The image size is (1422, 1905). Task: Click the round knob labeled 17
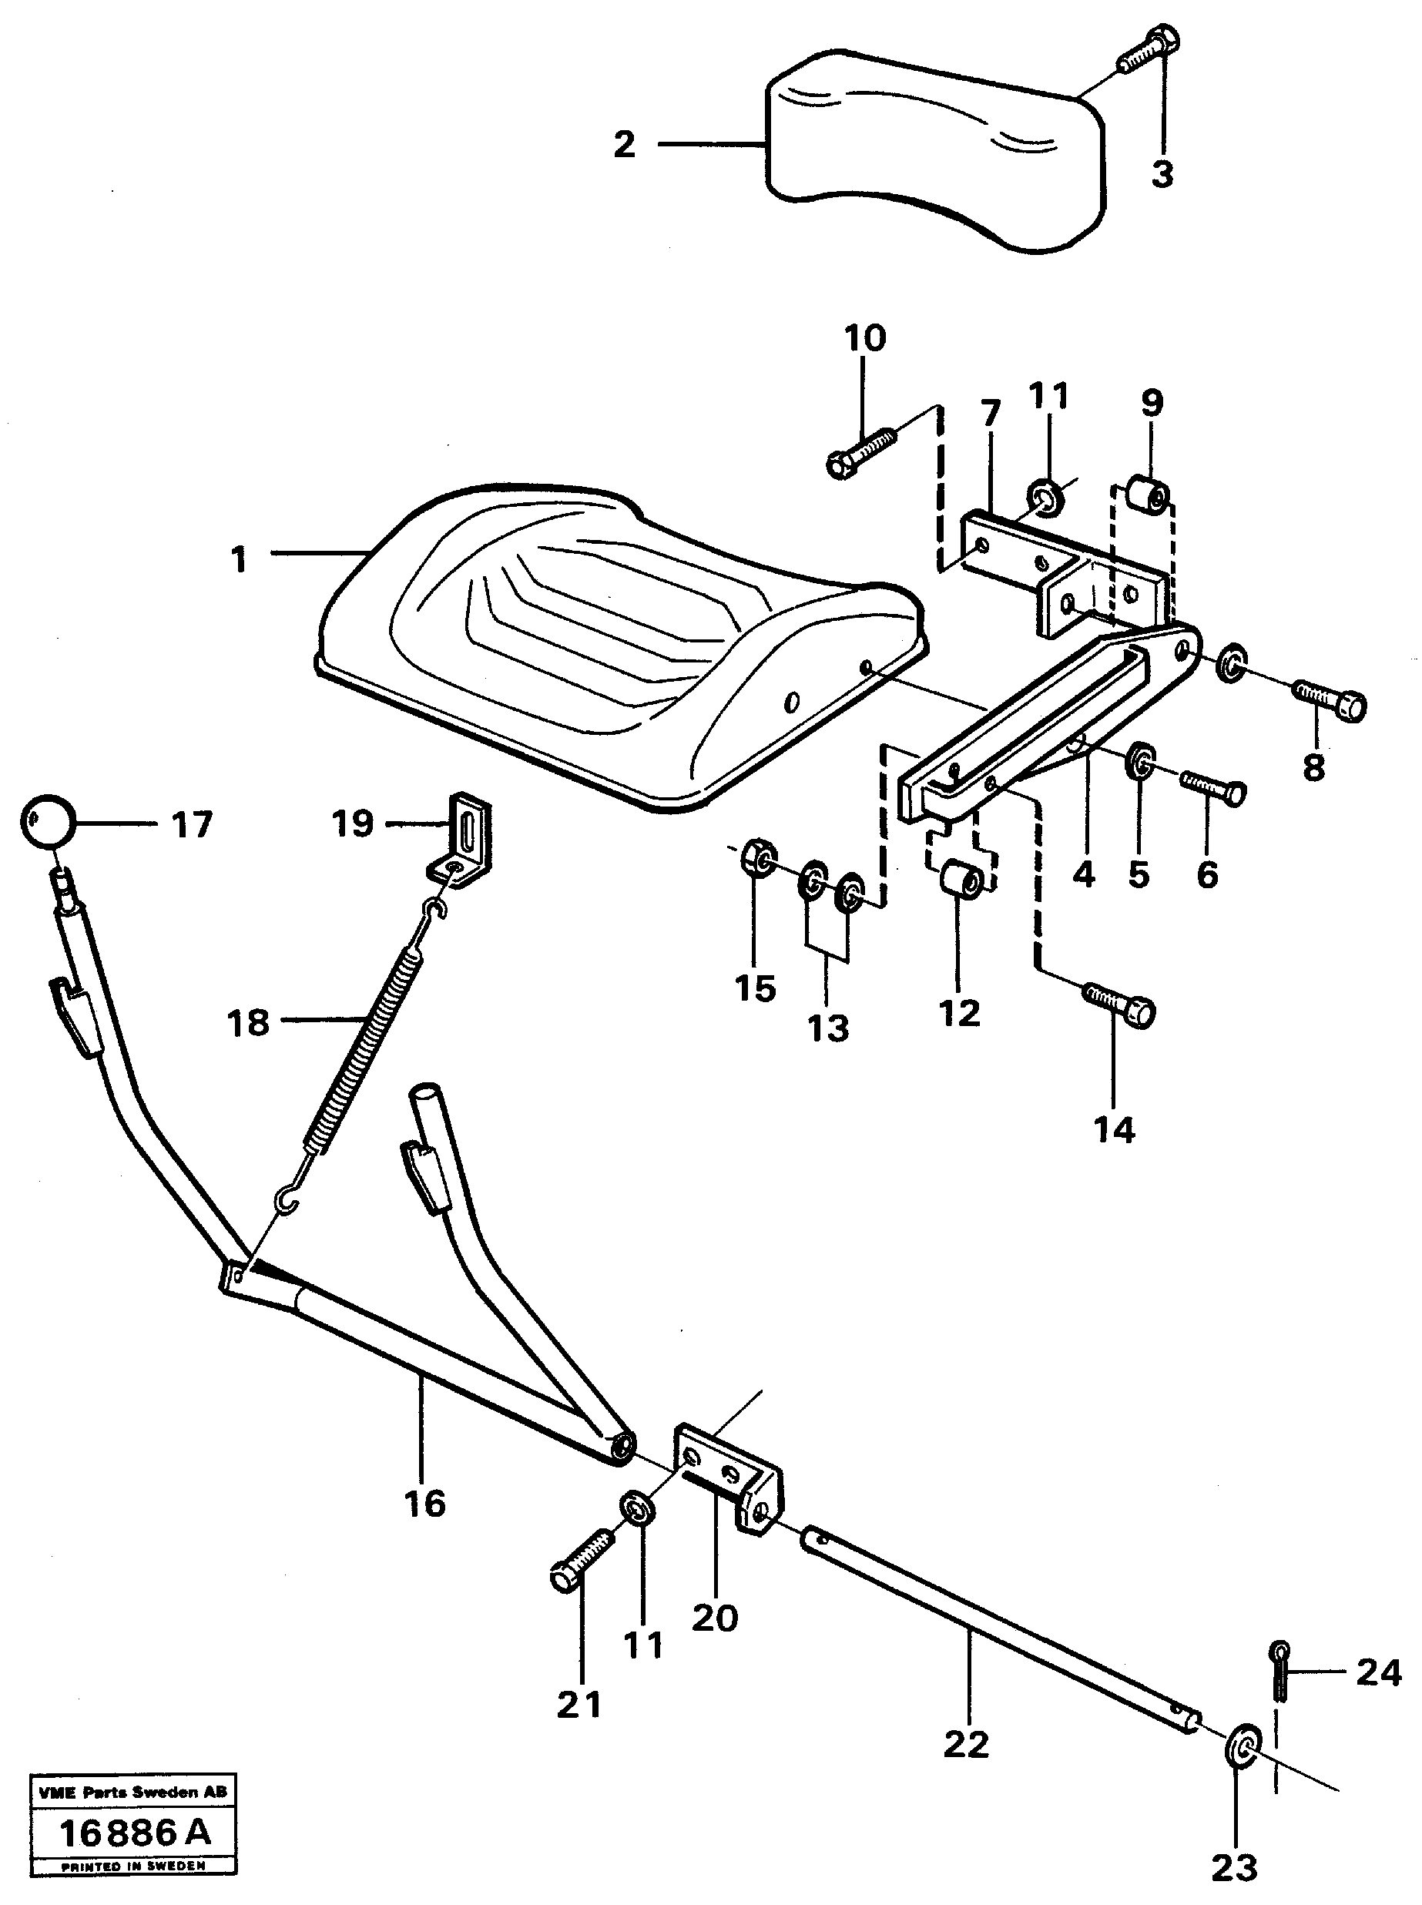click(47, 820)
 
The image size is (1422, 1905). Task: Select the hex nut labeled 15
click(757, 855)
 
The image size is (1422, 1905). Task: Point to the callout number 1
click(239, 560)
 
